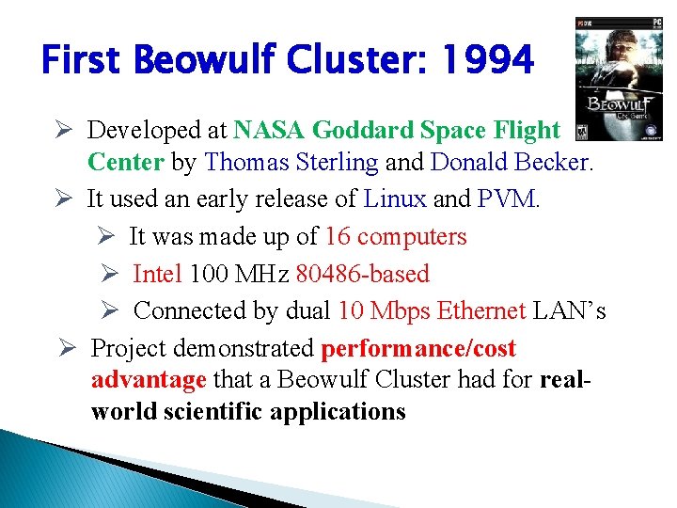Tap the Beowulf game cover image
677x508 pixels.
(x=621, y=79)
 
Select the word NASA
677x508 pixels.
(x=270, y=130)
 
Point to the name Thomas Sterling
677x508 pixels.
(x=291, y=162)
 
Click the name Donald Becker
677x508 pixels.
(x=512, y=162)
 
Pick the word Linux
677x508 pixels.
(x=395, y=198)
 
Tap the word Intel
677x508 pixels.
(x=158, y=274)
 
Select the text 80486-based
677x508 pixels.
(x=362, y=274)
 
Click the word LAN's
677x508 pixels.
(x=570, y=311)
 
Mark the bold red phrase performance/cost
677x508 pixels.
(x=418, y=349)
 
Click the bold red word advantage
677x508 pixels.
(x=149, y=380)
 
